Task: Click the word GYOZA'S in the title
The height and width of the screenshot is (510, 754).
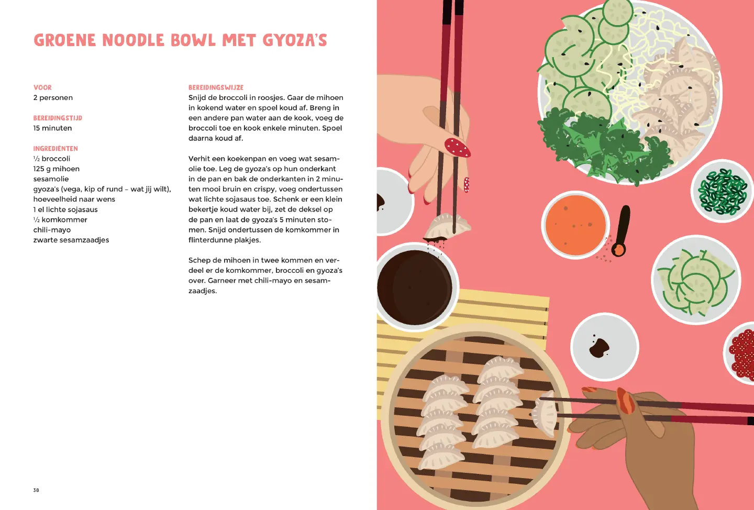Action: coord(294,40)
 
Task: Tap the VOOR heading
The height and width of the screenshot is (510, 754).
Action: coord(42,87)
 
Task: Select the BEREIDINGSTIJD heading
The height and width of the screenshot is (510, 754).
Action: coord(58,118)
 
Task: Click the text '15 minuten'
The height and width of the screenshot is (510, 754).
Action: coord(52,128)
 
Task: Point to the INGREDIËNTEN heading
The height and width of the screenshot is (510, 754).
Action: coord(56,149)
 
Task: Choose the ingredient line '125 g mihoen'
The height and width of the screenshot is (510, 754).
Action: coord(56,169)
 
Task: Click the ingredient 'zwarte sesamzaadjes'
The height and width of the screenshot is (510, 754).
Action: coord(71,240)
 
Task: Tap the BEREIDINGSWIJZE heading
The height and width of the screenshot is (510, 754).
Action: coord(216,87)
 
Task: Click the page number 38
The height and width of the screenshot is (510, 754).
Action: coord(36,490)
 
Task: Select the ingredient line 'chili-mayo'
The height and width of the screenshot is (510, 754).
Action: coord(52,230)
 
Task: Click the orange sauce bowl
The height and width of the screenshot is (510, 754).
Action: coord(575,225)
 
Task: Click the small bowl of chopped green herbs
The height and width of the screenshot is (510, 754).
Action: coord(722,191)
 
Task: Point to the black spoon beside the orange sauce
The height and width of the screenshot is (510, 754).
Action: coord(622,231)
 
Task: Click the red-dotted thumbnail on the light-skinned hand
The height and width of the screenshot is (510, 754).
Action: coord(457,148)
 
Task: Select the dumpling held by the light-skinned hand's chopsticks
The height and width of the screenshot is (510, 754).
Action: coord(447,226)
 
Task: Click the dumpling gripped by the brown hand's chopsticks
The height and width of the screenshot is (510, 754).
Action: coord(545,414)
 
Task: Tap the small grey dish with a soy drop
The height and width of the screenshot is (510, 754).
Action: coord(605,347)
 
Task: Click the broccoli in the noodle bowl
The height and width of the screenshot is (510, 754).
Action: coord(603,145)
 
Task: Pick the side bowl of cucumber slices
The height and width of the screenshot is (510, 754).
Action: coord(696,280)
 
